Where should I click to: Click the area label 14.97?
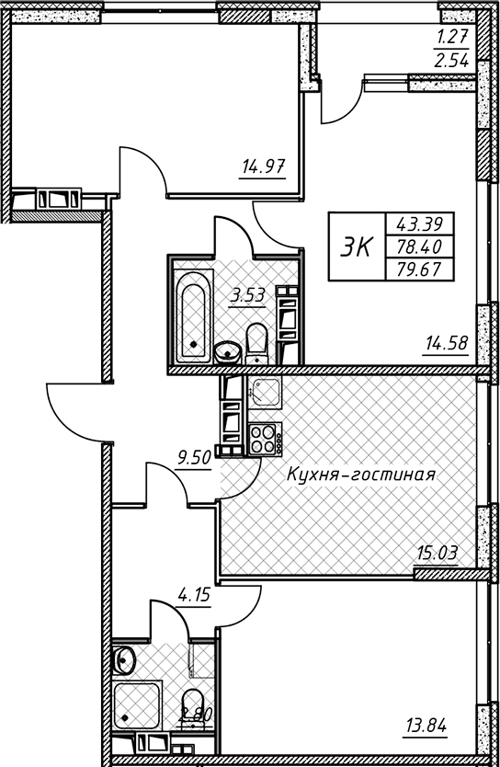tap(263, 167)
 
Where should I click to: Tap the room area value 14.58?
tap(447, 343)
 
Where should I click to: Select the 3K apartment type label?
tap(357, 246)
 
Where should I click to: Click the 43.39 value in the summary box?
tap(419, 224)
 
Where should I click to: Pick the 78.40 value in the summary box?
tap(419, 246)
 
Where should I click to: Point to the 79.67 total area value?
tap(419, 269)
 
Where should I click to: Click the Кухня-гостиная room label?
tap(360, 474)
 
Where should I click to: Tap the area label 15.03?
tap(437, 554)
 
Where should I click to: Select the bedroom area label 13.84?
tap(426, 726)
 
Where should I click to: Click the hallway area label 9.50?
tap(194, 458)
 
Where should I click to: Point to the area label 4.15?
tap(194, 595)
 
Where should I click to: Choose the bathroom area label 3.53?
tap(248, 295)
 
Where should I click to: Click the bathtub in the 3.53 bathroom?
tap(194, 316)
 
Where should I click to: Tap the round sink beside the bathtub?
tap(227, 351)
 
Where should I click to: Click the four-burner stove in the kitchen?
tap(265, 439)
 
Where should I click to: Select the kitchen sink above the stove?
tap(265, 393)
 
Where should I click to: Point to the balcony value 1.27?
tap(452, 37)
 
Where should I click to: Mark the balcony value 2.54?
tap(452, 61)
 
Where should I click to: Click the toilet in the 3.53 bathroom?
tap(256, 343)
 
